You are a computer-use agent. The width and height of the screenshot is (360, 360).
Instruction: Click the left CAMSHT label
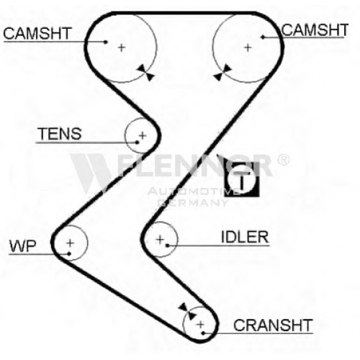coord(37,33)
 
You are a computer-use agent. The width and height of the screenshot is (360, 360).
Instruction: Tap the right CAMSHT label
coord(315,30)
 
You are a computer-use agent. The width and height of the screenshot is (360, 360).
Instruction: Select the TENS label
coord(60,134)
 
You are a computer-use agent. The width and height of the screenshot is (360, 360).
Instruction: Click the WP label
coord(22,246)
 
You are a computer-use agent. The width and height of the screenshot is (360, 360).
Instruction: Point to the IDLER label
coord(245,237)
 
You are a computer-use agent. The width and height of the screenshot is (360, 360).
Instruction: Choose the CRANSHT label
coord(273,325)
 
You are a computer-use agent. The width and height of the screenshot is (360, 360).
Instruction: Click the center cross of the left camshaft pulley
coord(122,48)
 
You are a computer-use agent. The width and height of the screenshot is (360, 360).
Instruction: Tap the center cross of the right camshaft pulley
coord(248,48)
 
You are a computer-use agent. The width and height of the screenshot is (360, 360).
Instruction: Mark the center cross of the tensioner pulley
coord(143,135)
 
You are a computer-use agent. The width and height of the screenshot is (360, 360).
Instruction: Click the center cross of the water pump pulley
coord(70,243)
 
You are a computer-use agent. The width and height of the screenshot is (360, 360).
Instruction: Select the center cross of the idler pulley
coord(160,239)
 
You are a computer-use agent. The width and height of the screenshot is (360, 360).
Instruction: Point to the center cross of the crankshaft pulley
coord(200,325)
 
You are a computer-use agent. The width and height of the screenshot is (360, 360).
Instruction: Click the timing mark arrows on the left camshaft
coord(145,73)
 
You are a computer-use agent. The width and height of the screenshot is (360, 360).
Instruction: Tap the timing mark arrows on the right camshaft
coord(222,73)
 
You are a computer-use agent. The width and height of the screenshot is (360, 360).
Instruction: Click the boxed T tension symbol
coord(242,179)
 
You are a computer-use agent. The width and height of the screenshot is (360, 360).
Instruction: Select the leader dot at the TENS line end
coord(137,143)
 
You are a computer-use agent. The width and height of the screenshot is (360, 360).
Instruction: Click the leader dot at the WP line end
coord(69,253)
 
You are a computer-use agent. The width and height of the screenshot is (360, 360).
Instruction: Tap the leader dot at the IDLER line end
coord(168,246)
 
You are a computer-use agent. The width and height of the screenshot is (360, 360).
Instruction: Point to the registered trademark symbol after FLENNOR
coord(283,160)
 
